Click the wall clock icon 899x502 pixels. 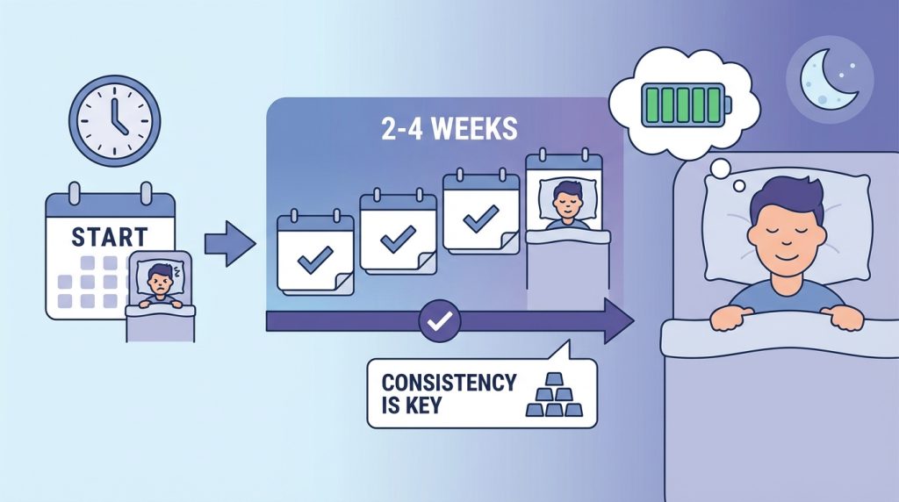115,121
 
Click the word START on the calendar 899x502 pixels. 110,237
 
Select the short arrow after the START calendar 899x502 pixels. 230,244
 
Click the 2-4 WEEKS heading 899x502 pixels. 449,129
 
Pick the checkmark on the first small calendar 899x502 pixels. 315,260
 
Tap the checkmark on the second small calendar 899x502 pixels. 398,239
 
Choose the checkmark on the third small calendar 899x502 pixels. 480,219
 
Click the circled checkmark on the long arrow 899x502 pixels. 440,321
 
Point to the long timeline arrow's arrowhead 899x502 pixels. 619,321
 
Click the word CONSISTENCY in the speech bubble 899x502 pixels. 449,383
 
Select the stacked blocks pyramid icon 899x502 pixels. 554,396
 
